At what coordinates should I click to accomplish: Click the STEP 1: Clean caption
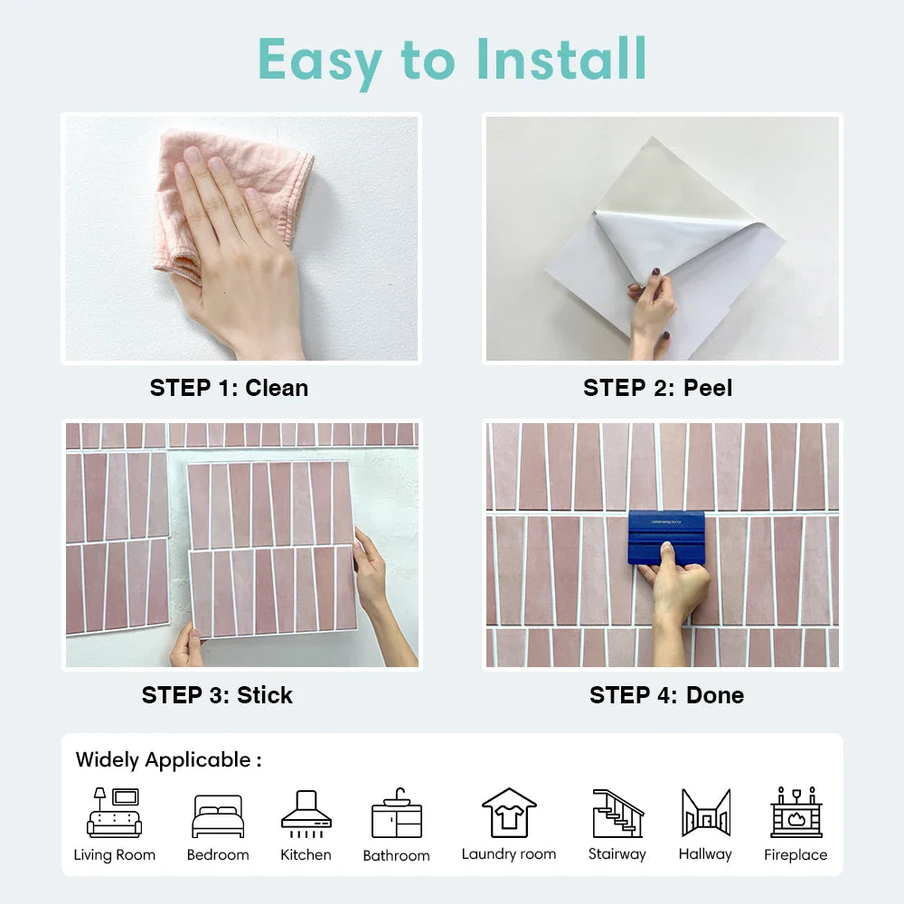pyautogui.click(x=229, y=388)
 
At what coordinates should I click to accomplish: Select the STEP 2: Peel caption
pyautogui.click(x=658, y=388)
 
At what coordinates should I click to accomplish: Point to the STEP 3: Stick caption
pyautogui.click(x=217, y=695)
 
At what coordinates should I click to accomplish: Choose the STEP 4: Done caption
pyautogui.click(x=666, y=695)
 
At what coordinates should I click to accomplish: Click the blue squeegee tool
pyautogui.click(x=666, y=537)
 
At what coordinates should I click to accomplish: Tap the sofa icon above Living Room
pyautogui.click(x=114, y=813)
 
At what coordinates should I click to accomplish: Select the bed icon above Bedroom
pyautogui.click(x=218, y=815)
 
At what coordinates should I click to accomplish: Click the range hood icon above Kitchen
pyautogui.click(x=306, y=814)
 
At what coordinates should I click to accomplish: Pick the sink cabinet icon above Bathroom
pyautogui.click(x=397, y=813)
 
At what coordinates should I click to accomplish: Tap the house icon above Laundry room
pyautogui.click(x=509, y=813)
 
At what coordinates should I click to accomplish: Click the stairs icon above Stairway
pyautogui.click(x=618, y=813)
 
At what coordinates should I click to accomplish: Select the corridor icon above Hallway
pyautogui.click(x=706, y=813)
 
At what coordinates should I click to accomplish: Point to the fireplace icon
pyautogui.click(x=796, y=812)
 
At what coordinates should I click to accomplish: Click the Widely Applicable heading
pyautogui.click(x=168, y=760)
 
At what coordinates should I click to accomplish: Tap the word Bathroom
pyautogui.click(x=397, y=855)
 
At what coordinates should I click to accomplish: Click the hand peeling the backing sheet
pyautogui.click(x=652, y=311)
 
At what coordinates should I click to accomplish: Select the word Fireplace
pyautogui.click(x=796, y=855)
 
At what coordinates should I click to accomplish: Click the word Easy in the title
pyautogui.click(x=320, y=61)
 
